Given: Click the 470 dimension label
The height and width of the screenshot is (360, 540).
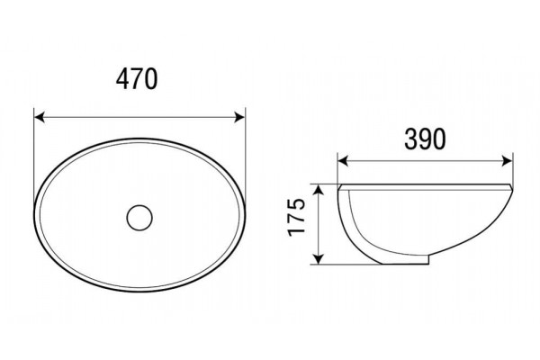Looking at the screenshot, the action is pos(137,79).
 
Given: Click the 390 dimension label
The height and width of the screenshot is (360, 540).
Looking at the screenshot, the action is pos(425,139).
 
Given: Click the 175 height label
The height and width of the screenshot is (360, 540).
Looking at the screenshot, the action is pos(297,217).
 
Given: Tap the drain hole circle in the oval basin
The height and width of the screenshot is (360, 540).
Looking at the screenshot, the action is pos(139,218).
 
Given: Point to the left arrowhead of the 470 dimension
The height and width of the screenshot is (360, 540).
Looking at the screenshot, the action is pos(40,117).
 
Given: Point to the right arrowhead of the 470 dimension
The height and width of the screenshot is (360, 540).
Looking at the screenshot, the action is pos(239,117).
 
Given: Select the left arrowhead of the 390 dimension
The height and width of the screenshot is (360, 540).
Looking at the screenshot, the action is pos(343,160).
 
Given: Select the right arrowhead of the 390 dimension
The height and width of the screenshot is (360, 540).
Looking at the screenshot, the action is pos(508,160).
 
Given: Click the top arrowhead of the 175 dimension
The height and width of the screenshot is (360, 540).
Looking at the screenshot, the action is pos(319,190).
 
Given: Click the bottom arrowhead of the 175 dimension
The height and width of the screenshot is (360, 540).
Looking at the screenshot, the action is pos(319,259).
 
